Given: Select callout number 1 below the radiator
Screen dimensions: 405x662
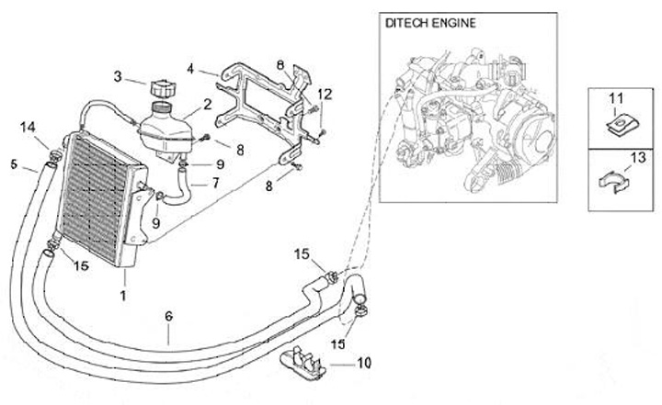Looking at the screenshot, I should pos(123,296).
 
